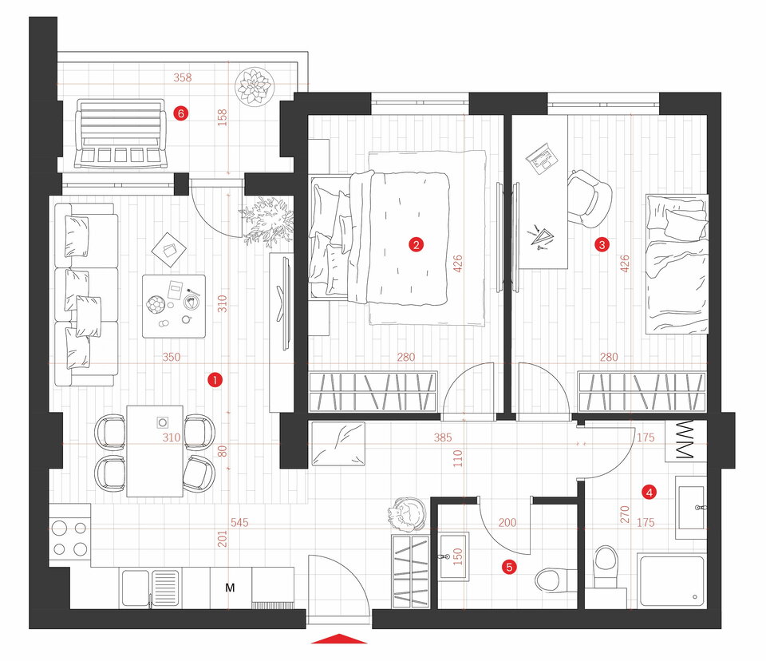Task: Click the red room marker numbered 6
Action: (181, 113)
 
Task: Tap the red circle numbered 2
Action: (416, 244)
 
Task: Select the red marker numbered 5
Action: (509, 567)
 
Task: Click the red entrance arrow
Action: (338, 639)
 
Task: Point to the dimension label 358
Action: (183, 77)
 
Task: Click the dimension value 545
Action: (239, 522)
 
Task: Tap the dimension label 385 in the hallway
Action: (443, 437)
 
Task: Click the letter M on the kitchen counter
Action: (230, 588)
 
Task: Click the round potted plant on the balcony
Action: (253, 86)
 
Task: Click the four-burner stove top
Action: (69, 539)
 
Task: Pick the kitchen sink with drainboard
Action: (150, 588)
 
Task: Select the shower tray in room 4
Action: (672, 581)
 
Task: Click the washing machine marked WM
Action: (686, 441)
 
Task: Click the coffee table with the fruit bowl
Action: (174, 306)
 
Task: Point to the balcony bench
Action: (119, 133)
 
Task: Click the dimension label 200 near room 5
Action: (507, 522)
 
